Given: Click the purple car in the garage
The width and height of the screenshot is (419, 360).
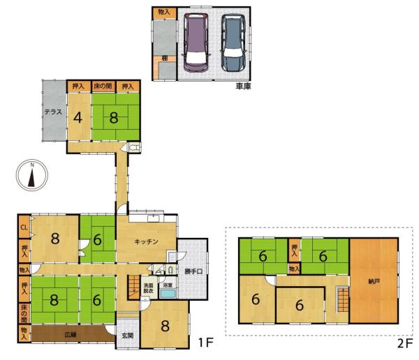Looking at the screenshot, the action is coord(196,43).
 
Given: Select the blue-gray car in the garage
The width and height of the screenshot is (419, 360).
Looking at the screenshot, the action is coord(233,43).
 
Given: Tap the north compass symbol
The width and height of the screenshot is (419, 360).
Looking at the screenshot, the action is coord(32,175).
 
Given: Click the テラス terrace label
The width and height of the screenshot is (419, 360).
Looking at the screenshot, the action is coord(53,112).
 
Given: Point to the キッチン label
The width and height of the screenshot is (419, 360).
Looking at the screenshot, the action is coord(146,241).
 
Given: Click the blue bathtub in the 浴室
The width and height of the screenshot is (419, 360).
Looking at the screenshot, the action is coord(168,294).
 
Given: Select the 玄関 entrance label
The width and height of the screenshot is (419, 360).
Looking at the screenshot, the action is coord(128,336).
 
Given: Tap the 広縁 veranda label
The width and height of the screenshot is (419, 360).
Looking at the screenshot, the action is coord(71,334).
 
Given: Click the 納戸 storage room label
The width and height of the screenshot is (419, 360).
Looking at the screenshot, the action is coord(374,281).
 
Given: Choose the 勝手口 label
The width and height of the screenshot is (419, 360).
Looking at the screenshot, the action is coord(193,272).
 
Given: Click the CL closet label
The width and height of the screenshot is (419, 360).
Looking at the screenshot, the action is coord(24,228).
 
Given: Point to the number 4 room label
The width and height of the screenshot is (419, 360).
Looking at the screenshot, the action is coord(78,117).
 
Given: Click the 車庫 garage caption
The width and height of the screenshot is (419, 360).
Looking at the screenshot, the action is coord(243,86).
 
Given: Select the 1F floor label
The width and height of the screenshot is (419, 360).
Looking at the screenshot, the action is coord(206,343).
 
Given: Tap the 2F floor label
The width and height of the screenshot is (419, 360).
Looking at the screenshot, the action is coord(405,344).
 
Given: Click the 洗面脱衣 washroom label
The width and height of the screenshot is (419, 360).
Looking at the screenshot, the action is coord(148,288).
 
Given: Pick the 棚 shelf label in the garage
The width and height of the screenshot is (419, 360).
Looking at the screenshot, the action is coord(164,58).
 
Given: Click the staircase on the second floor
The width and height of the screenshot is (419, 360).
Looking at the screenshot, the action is coord(343,300).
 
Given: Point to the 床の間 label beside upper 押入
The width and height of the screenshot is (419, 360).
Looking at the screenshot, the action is coord(103,86).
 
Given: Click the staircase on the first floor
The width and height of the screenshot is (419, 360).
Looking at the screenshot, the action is coord(133,287).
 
